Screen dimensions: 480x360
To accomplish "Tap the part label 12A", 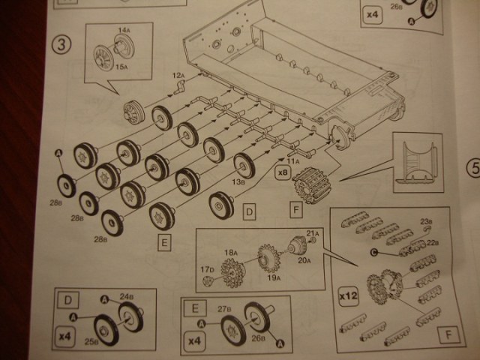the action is (x=178, y=75).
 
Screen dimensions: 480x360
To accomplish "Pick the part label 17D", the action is (x=208, y=269).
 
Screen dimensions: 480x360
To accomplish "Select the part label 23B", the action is (x=426, y=221).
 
